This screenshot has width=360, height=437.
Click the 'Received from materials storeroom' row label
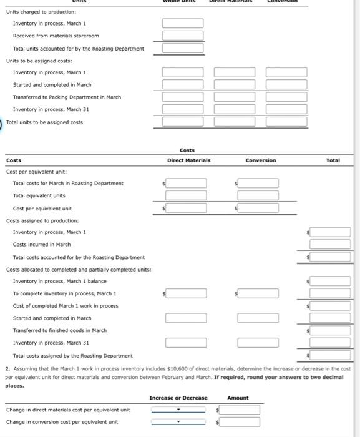click(x=56, y=36)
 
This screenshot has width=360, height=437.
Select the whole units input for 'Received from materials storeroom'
click(x=183, y=36)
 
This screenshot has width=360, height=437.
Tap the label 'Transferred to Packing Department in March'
click(x=67, y=97)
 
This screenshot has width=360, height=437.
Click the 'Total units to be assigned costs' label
click(x=44, y=122)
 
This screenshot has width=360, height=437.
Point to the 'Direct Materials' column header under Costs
click(x=188, y=160)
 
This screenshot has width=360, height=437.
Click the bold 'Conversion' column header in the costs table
click(x=261, y=160)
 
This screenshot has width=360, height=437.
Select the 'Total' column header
click(x=333, y=160)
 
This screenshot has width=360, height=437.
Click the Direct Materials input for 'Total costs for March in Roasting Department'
click(x=186, y=184)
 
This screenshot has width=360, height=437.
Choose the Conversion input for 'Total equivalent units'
click(x=258, y=195)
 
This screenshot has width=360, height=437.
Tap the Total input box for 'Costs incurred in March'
click(x=330, y=244)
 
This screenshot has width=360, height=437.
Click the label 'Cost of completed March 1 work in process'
click(x=66, y=306)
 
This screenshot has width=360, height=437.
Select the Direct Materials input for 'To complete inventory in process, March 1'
click(x=186, y=293)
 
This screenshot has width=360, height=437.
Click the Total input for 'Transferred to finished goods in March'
click(x=330, y=330)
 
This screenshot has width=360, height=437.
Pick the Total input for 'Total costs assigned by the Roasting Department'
click(x=330, y=355)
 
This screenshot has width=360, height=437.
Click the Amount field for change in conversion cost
click(x=239, y=422)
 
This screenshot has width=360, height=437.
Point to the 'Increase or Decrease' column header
click(x=178, y=398)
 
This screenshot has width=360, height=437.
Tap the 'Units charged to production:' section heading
click(x=41, y=12)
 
